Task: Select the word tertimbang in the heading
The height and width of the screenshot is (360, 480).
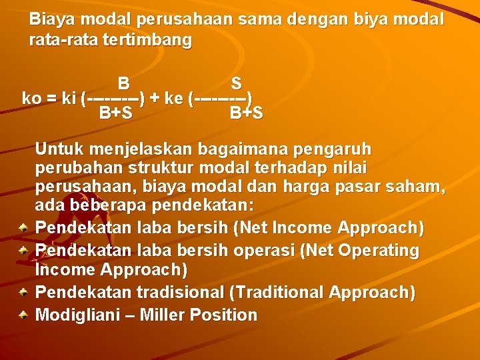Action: click(147, 40)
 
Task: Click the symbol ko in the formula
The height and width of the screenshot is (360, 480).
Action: click(31, 99)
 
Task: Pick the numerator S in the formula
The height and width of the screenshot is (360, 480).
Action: click(236, 84)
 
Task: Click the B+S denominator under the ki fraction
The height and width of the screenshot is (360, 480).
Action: click(115, 113)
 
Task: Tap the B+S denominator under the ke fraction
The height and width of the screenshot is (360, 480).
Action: click(246, 113)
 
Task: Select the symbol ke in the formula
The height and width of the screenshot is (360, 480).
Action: click(173, 99)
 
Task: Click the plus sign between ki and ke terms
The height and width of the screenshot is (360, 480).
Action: click(155, 99)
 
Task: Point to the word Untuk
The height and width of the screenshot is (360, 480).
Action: click(60, 148)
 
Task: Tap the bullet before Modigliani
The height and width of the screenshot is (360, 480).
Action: click(23, 315)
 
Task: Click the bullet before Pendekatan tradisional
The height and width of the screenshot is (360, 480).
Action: click(23, 292)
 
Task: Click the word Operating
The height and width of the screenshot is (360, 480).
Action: click(379, 251)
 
